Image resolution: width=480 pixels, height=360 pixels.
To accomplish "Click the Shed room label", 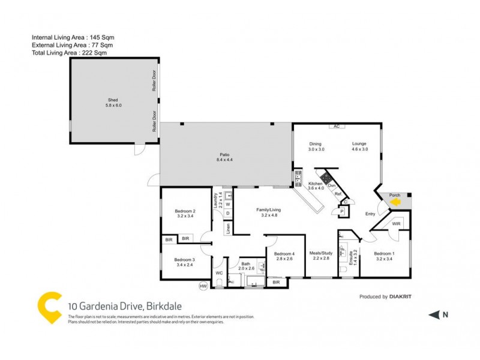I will pyautogui.click(x=113, y=100).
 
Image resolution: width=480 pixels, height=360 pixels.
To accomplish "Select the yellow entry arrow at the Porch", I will pyautogui.click(x=395, y=203).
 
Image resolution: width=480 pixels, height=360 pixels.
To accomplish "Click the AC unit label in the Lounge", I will pyautogui.click(x=337, y=126).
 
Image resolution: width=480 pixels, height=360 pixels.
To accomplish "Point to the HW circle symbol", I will pyautogui.click(x=203, y=287).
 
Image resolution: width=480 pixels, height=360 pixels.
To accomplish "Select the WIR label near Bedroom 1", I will pyautogui.click(x=396, y=224).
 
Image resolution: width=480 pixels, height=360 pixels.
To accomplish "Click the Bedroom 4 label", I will pyautogui.click(x=284, y=254).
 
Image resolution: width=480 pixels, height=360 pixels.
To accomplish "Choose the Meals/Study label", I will pyautogui.click(x=321, y=253).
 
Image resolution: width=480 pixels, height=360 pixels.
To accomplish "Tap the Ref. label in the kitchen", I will pyautogui.click(x=338, y=194).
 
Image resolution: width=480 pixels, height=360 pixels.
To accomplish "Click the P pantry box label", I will pyautogui.click(x=341, y=211).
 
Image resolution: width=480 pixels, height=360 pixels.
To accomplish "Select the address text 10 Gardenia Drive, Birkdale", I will pyautogui.click(x=105, y=307).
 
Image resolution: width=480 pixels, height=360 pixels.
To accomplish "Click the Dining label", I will pyautogui.click(x=316, y=144).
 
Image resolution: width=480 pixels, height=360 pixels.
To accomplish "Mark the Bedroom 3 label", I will pyautogui.click(x=185, y=259).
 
